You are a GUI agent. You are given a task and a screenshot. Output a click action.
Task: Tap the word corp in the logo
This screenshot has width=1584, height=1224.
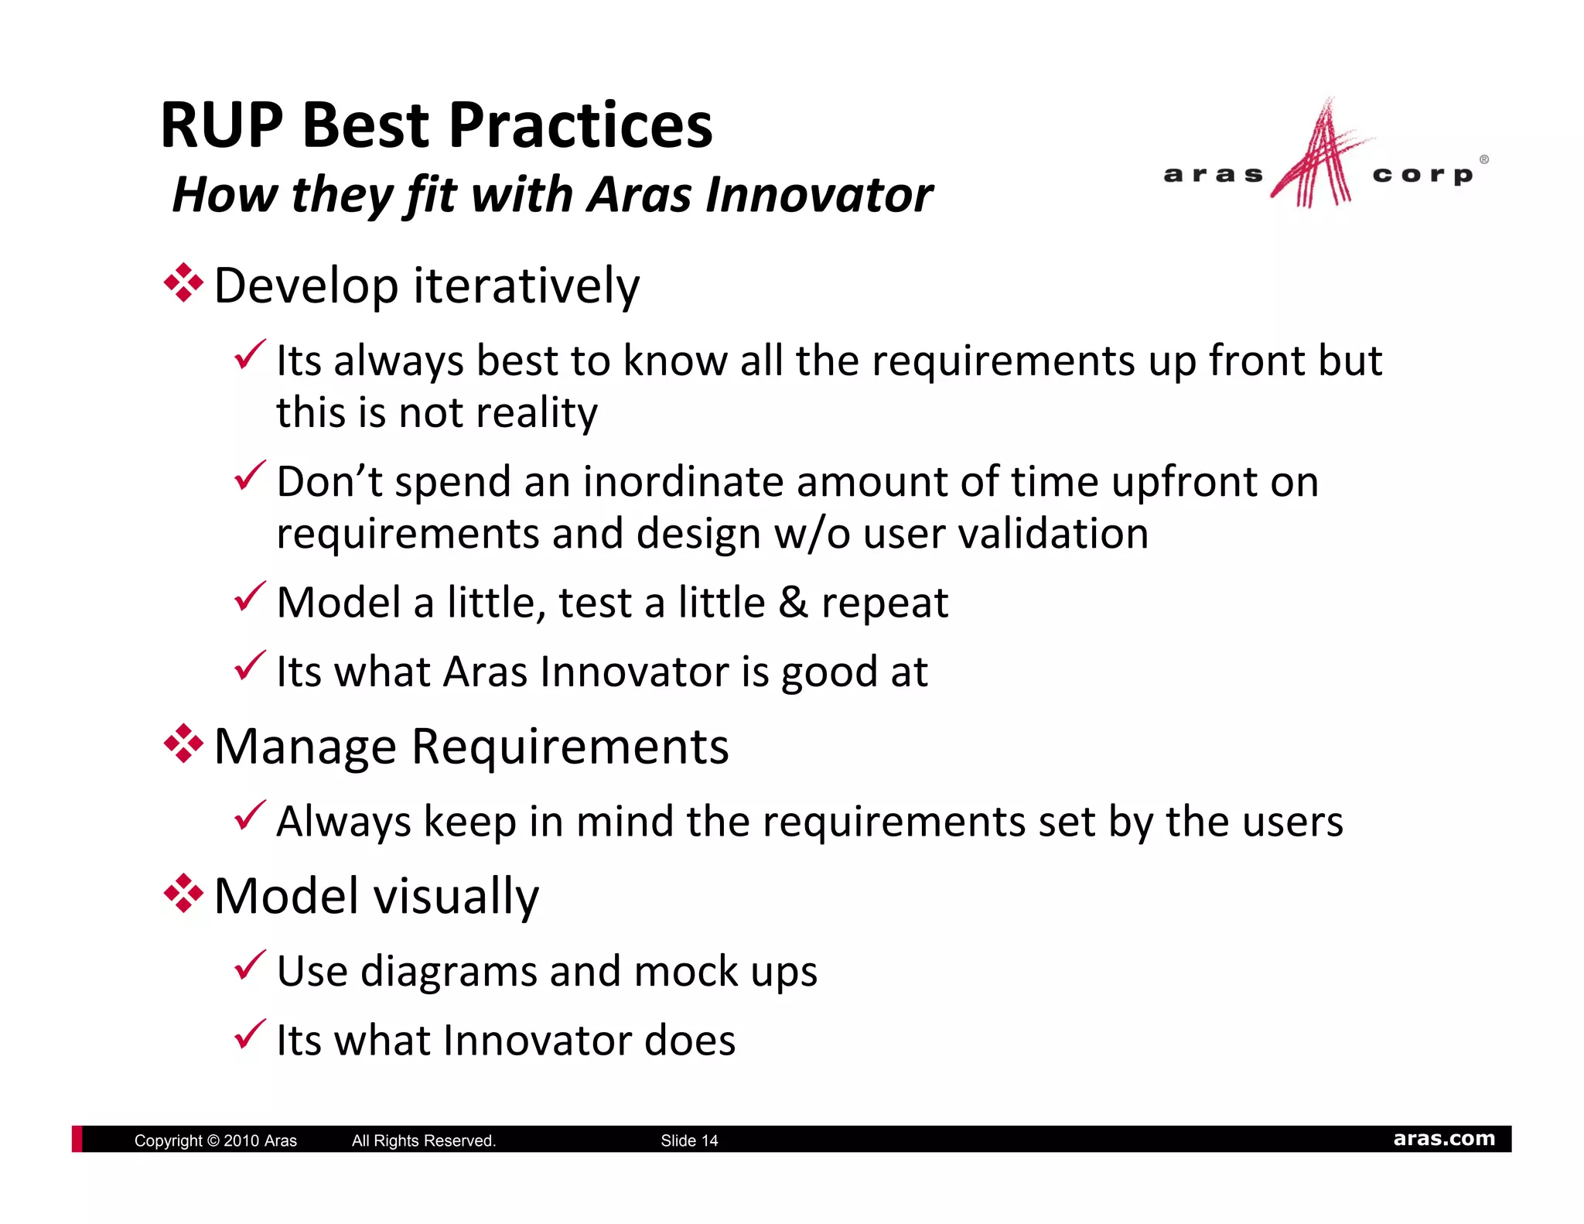pyautogui.click(x=1422, y=176)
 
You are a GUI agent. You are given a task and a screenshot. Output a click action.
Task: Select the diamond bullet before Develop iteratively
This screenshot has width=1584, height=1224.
pyautogui.click(x=183, y=283)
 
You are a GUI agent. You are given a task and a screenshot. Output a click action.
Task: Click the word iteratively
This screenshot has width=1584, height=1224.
pyautogui.click(x=527, y=285)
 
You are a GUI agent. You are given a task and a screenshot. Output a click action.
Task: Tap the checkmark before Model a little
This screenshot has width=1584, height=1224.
pyautogui.click(x=250, y=598)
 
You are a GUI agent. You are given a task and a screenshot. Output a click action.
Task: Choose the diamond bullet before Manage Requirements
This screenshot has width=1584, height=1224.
pyautogui.click(x=183, y=744)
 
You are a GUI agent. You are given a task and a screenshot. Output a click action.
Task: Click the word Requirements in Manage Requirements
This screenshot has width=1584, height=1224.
pyautogui.click(x=569, y=747)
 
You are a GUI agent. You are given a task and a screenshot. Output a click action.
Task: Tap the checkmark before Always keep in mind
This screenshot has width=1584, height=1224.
pyautogui.click(x=250, y=817)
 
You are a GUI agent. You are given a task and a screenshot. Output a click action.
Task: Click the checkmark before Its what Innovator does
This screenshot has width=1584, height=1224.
pyautogui.click(x=250, y=1035)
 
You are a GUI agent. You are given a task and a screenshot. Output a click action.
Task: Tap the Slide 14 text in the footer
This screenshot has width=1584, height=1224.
pyautogui.click(x=688, y=1140)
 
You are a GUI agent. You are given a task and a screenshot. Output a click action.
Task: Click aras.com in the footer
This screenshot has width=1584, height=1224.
pyautogui.click(x=1443, y=1139)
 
